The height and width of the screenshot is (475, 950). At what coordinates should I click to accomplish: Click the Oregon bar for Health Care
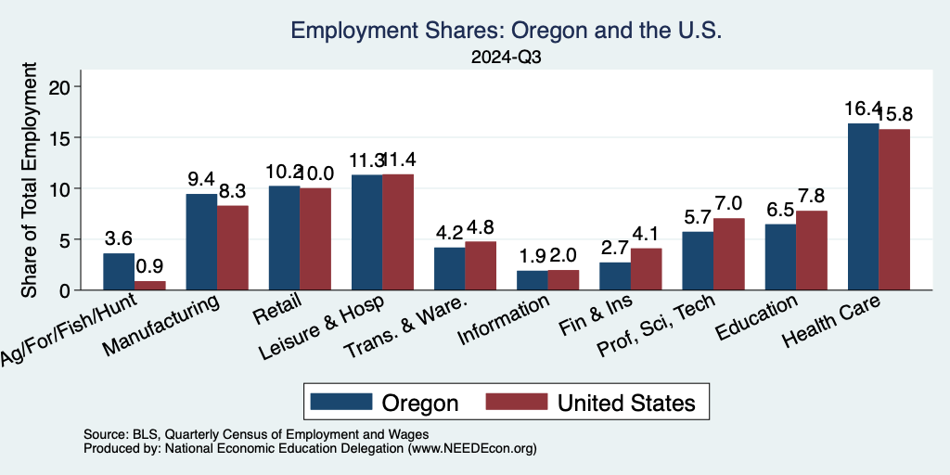click(x=863, y=207)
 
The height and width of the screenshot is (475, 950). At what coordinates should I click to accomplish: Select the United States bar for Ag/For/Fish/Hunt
click(x=150, y=286)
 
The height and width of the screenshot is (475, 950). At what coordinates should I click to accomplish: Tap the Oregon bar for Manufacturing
click(x=201, y=242)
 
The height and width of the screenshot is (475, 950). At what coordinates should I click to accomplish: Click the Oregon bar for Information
click(x=533, y=280)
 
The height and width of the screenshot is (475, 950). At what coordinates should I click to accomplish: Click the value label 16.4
click(x=862, y=109)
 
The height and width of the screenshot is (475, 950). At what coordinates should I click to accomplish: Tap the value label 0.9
click(x=150, y=267)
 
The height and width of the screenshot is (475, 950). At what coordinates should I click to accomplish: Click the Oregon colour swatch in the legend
click(x=340, y=402)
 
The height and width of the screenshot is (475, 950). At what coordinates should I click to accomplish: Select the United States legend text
click(x=625, y=403)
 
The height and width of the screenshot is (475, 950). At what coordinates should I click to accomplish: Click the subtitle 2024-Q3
click(x=506, y=58)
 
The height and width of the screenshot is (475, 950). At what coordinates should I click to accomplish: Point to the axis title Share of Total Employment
click(x=30, y=181)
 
